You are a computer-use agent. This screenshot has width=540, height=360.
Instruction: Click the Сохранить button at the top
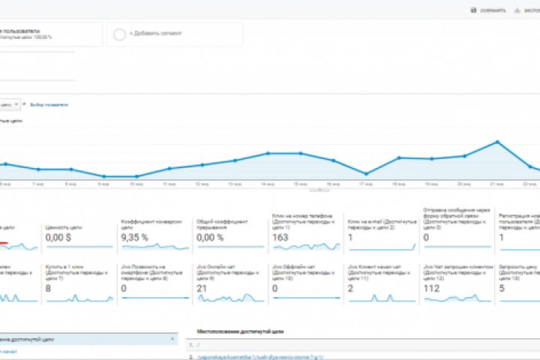point(488,10)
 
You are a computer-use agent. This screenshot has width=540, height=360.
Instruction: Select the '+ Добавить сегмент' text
point(151,34)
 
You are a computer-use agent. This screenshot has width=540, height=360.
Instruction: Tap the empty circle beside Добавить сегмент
point(119,34)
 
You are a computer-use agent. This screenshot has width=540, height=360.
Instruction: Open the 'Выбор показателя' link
point(48,104)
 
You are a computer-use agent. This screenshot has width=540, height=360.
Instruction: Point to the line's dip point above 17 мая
point(365,172)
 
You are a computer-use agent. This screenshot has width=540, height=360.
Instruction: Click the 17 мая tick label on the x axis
point(365,184)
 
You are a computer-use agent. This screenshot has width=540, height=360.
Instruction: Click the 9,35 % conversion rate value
point(135,237)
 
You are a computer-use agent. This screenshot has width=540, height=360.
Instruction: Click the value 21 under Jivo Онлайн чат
point(202,288)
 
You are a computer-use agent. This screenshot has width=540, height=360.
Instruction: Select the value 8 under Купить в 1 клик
point(48,288)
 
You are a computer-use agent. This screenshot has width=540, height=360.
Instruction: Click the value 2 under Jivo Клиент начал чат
point(351,288)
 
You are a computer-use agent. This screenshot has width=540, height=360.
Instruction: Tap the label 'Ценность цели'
point(63,226)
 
